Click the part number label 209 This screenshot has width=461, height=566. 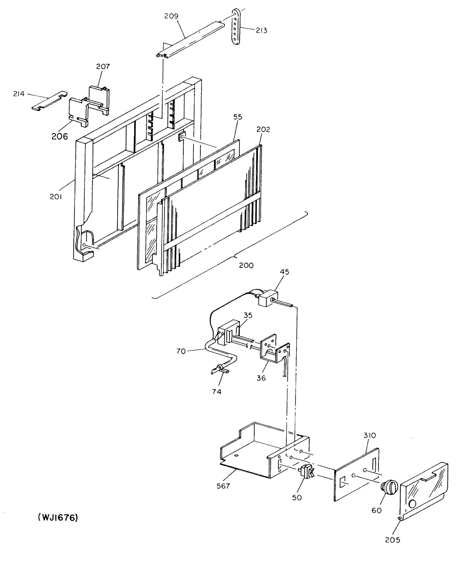tap(171, 16)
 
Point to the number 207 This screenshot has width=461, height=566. tap(103, 66)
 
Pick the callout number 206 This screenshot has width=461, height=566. tap(60, 137)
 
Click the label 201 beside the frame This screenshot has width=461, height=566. tap(56, 196)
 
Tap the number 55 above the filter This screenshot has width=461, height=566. tap(238, 117)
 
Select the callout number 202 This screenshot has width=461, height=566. tap(263, 129)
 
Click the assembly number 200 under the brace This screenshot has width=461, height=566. tap(246, 265)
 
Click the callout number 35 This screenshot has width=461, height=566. tap(248, 315)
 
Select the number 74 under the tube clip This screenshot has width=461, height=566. tap(217, 391)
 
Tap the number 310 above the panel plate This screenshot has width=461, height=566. tap(370, 435)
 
